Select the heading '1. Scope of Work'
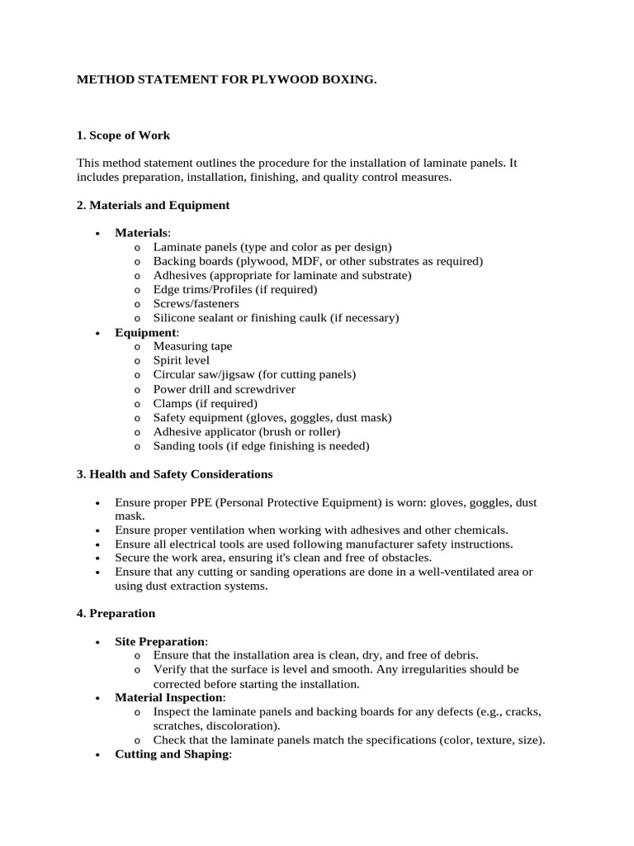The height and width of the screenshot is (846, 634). coord(123,135)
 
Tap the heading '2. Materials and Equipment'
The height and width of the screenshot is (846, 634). coord(153,205)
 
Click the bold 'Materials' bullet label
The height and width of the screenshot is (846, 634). coord(140,233)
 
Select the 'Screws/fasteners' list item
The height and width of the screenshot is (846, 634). coord(196,303)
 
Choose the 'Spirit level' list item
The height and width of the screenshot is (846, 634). coord(181,360)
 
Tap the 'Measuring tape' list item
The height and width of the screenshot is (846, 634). coord(192,346)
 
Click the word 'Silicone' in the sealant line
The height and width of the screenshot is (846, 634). coord(175,317)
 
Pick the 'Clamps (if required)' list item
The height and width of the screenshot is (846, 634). coord(205,403)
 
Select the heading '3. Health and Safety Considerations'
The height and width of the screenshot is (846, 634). coord(174,474)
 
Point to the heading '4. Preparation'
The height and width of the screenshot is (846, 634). coord(116,614)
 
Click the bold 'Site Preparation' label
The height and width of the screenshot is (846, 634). coord(160,642)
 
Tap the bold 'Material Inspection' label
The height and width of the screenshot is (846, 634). coord(168,698)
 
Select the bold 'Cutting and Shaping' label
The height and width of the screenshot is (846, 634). coord(171,754)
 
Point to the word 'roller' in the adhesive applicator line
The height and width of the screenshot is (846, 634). coord(321,431)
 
